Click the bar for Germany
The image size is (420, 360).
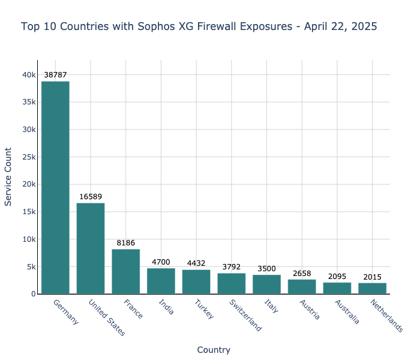tap(55, 187)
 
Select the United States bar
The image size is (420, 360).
tap(91, 248)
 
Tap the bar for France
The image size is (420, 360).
tap(126, 271)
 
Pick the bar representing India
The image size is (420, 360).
tap(161, 281)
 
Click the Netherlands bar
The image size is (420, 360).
tap(373, 288)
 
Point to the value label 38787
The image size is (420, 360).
tap(55, 75)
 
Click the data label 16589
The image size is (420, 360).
tap(91, 197)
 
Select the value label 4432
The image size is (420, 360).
tap(196, 263)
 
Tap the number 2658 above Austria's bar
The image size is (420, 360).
tap(302, 274)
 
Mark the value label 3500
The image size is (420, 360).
tap(266, 269)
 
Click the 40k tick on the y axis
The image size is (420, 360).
tap(29, 75)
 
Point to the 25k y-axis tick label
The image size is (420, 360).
tap(29, 157)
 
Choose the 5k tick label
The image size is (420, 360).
tap(31, 266)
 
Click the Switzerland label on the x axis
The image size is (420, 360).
tap(245, 315)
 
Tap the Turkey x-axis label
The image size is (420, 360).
tap(204, 309)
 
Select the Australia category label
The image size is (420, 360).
tap(347, 311)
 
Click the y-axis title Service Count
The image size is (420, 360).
tap(8, 177)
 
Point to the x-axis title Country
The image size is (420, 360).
tap(214, 350)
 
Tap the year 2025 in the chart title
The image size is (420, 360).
tap(364, 26)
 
